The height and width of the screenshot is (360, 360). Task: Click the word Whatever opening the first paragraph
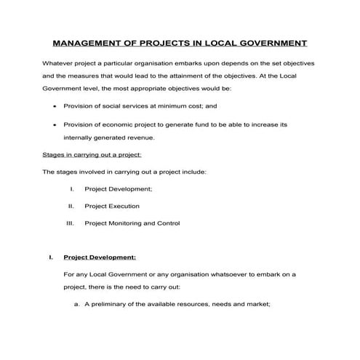point(58,63)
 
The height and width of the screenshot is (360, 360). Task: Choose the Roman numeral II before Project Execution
point(71,206)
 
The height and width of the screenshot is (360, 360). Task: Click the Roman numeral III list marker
point(71,223)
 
